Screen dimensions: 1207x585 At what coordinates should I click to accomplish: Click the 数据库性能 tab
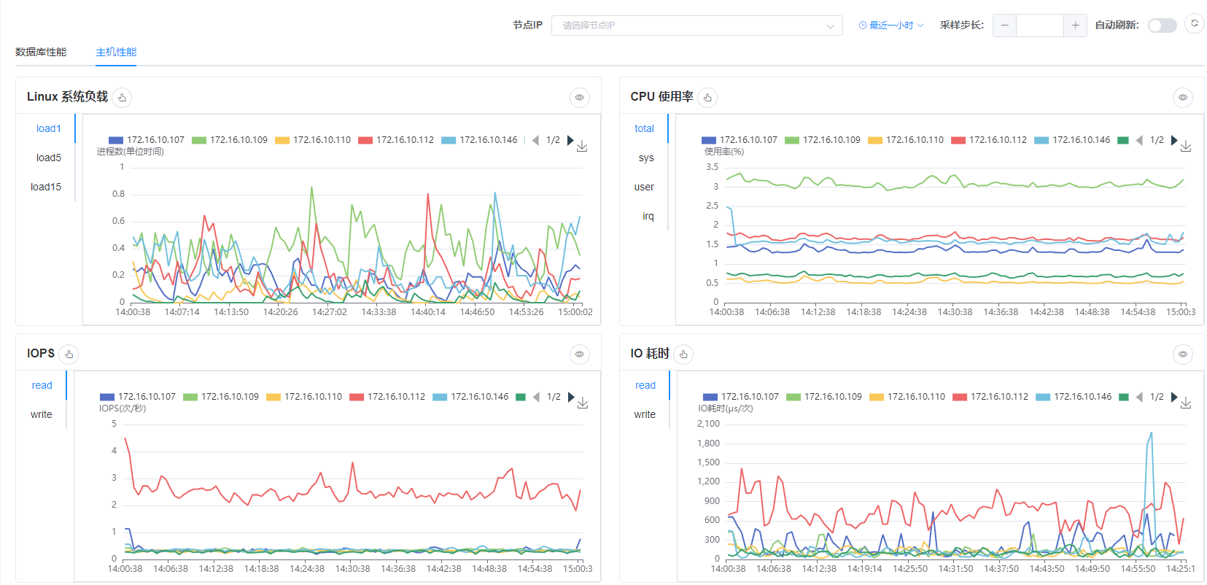pos(41,53)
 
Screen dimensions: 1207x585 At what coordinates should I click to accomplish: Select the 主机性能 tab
pos(116,53)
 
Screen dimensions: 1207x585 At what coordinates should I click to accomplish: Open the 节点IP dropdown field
pos(696,26)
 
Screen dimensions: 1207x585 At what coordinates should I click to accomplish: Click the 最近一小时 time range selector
pos(890,26)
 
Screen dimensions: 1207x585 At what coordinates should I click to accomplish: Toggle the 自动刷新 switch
pos(1163,26)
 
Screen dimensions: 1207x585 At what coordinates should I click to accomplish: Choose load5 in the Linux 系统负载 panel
pos(48,158)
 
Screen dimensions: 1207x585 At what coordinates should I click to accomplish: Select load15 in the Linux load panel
pos(46,187)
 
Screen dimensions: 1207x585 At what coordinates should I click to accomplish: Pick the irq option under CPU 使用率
pos(648,216)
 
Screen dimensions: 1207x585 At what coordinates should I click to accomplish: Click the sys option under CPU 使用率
pos(646,158)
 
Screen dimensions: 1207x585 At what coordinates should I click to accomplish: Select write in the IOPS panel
pos(42,414)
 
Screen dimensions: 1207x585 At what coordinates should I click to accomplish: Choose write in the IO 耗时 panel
pos(645,414)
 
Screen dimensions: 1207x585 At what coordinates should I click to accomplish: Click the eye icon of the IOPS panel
pos(579,355)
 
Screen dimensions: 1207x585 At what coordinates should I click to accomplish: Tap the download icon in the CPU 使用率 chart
pos(1185,146)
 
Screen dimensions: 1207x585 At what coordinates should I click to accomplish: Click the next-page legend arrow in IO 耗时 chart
pos(1175,397)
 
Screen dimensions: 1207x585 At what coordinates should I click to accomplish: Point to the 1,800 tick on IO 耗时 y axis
pos(709,443)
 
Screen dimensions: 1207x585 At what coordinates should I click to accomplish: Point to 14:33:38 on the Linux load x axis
pos(379,311)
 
